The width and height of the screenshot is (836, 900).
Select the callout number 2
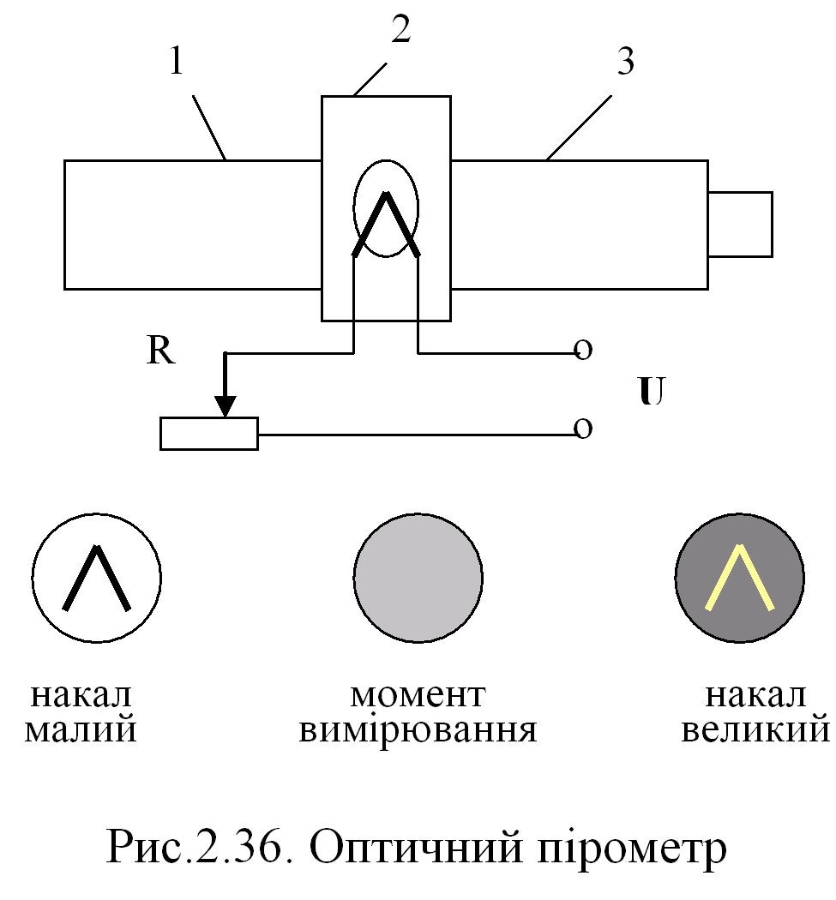(x=400, y=31)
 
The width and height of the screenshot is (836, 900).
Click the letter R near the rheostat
(x=161, y=351)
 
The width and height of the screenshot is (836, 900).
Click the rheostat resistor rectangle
(x=209, y=433)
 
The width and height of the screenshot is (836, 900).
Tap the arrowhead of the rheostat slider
(x=225, y=405)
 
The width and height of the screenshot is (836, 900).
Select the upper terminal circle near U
(x=583, y=351)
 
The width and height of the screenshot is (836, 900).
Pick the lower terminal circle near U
(x=583, y=429)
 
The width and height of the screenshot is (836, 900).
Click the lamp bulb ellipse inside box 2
(x=386, y=209)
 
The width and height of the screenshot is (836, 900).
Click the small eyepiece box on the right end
(x=740, y=224)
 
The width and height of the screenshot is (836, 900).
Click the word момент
(x=418, y=695)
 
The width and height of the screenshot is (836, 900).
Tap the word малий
(x=82, y=731)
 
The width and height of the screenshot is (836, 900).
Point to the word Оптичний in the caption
(x=412, y=849)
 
